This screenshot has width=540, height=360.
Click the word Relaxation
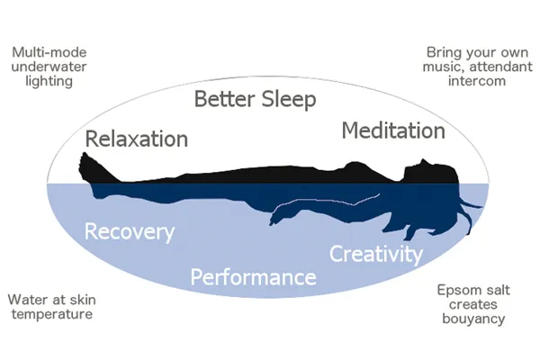(x=137, y=139)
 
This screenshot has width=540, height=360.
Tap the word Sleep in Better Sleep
(x=289, y=100)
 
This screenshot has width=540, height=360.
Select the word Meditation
(x=393, y=130)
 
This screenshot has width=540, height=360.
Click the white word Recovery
(x=130, y=232)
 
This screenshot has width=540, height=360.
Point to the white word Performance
(x=254, y=277)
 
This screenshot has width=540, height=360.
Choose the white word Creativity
(x=376, y=255)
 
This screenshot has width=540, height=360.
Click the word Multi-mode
(x=49, y=52)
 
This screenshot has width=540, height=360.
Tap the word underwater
(x=49, y=67)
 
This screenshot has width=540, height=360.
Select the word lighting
(x=49, y=82)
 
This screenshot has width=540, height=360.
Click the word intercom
(x=477, y=81)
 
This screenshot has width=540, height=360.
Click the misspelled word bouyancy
(x=473, y=319)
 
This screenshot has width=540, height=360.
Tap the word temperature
(x=52, y=314)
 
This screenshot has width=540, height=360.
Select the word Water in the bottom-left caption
(x=23, y=300)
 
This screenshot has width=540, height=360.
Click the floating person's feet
(x=89, y=167)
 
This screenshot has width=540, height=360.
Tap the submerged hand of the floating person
(x=277, y=218)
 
